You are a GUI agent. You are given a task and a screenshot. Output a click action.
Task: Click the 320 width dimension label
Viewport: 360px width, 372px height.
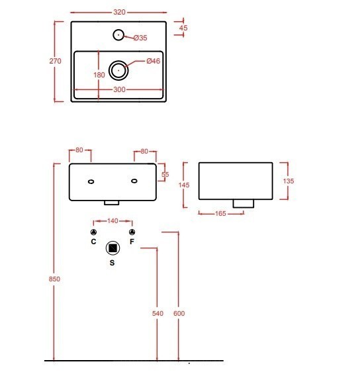pos(119,13)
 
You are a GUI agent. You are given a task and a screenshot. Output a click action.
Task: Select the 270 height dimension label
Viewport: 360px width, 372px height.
pos(56,61)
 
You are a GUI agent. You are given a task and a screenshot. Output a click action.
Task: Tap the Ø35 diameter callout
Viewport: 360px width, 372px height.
pos(140,38)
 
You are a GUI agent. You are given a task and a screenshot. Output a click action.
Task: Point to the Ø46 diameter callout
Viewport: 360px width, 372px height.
pos(154,62)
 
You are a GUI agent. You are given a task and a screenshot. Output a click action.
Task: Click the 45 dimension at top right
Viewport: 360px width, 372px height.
pos(183,28)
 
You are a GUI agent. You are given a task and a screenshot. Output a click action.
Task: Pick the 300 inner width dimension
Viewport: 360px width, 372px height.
pos(119,89)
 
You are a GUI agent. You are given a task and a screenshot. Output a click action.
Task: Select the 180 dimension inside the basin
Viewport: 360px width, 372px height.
pos(99,75)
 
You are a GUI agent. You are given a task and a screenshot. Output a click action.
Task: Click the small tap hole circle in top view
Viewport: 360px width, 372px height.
pos(119,34)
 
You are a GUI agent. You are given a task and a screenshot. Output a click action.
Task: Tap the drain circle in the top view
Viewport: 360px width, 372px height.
pos(119,68)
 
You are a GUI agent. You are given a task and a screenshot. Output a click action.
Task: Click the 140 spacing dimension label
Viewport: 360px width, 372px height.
pos(112,220)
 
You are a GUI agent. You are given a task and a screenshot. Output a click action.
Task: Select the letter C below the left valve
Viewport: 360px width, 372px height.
pos(93,242)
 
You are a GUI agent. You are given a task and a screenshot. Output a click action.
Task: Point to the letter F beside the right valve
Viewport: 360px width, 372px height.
pos(132,242)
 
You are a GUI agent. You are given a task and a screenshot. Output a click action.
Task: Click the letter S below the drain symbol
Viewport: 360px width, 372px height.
pos(112,263)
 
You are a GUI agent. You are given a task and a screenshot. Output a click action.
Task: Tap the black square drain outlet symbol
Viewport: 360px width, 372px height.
pos(112,248)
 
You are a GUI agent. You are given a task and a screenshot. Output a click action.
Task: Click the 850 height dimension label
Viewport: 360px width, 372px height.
pos(55,279)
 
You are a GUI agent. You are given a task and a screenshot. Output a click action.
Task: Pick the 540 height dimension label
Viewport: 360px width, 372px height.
pos(157,313)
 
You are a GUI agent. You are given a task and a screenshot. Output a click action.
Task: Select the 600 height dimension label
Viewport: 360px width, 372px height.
pos(179,313)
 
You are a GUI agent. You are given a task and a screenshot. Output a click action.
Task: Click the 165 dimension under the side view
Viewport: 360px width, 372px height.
pos(222,213)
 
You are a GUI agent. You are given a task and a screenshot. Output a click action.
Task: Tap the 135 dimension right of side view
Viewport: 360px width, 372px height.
pos(289,181)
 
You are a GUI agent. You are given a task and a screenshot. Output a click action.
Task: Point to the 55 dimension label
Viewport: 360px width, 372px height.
pos(165,174)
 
